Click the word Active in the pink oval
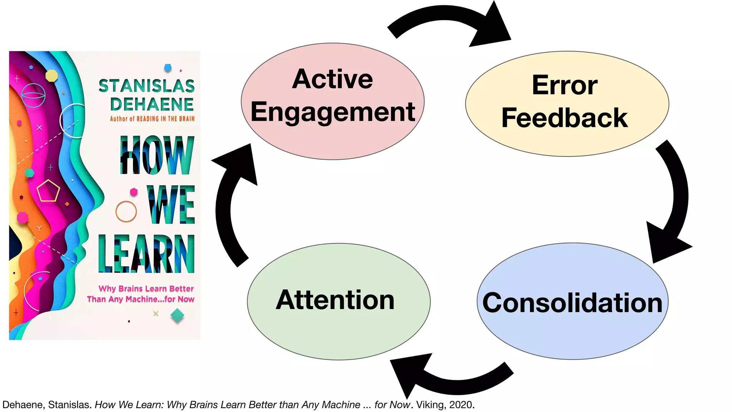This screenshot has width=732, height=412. [x=332, y=79]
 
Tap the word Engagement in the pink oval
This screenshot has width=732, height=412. [x=332, y=112]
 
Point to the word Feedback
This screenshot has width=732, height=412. [x=565, y=118]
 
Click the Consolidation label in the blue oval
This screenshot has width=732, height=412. [x=572, y=303]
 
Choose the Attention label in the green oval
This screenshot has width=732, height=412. [x=335, y=300]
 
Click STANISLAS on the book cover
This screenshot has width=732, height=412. [x=147, y=86]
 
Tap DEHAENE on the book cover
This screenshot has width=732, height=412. [x=152, y=104]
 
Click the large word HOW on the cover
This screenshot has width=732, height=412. [x=157, y=155]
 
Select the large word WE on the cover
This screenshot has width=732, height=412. [x=171, y=205]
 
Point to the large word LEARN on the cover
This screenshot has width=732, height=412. [x=147, y=254]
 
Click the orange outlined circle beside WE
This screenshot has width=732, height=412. [x=126, y=211]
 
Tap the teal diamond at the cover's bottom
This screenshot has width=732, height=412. [x=177, y=315]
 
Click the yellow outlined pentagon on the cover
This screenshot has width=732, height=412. [x=48, y=191]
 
